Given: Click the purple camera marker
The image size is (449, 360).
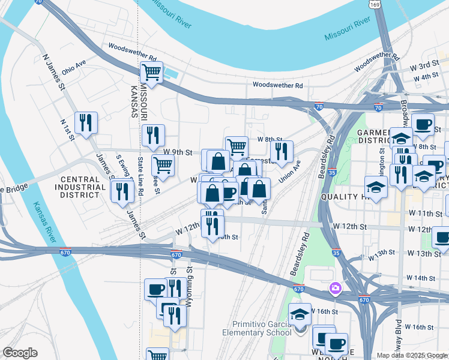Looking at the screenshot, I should coord(335,289).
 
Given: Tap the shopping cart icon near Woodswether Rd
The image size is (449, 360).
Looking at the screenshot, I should coord(151,73).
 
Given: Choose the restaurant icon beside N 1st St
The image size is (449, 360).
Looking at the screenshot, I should coord(86,123).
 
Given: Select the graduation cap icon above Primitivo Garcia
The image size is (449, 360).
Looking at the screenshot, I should coord(300,314).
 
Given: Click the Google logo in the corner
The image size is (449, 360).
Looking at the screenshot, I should coord(20,352).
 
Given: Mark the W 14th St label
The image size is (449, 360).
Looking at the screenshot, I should coord(420,278).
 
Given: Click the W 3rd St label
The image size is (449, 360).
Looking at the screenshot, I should coord(428,65).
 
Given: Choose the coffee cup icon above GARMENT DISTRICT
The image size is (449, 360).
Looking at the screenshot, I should coord(422,124).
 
